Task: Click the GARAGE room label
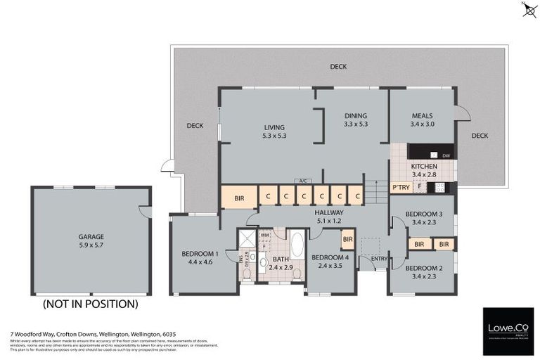click(91, 237)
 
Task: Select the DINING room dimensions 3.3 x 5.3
click(356, 124)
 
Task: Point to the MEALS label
click(422, 115)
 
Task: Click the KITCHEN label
click(423, 165)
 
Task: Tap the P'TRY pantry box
click(401, 187)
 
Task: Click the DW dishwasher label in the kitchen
click(446, 155)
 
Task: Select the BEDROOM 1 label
click(200, 254)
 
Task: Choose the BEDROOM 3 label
click(423, 214)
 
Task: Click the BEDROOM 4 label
click(330, 257)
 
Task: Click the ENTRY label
click(380, 259)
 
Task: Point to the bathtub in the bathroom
click(297, 245)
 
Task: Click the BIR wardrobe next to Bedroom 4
click(347, 240)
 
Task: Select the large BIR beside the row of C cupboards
click(239, 198)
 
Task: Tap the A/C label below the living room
click(303, 181)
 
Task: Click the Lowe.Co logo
click(508, 330)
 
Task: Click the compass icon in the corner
click(528, 10)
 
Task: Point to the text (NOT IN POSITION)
click(90, 304)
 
